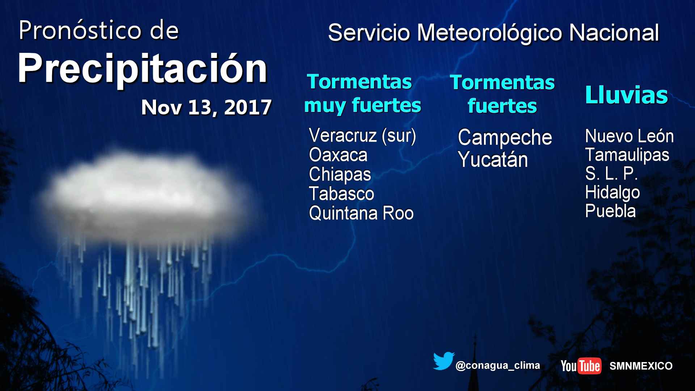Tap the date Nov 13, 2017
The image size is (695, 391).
click(x=206, y=108)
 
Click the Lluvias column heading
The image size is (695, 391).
click(x=626, y=95)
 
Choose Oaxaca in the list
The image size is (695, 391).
click(x=338, y=155)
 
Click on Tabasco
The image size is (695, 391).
click(x=341, y=194)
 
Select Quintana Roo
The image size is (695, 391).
click(x=361, y=213)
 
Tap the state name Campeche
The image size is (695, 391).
click(x=505, y=138)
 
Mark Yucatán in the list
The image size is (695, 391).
click(x=493, y=160)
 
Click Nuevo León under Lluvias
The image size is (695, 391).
click(x=629, y=136)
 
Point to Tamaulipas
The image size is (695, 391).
click(x=627, y=155)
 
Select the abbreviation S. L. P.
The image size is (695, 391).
click(x=611, y=174)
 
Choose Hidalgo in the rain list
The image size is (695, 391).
click(x=612, y=193)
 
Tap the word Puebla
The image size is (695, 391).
click(x=610, y=211)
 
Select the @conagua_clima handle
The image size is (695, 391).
click(x=498, y=366)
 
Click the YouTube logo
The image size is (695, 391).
click(x=581, y=366)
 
